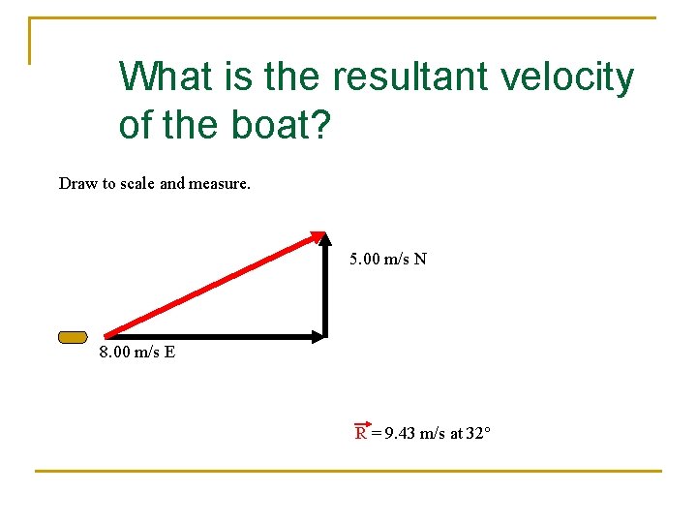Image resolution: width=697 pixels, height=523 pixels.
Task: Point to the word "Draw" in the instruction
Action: [x=77, y=183]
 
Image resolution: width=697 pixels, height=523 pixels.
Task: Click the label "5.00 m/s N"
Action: [x=388, y=259]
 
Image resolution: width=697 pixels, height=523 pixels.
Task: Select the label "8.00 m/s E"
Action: [x=137, y=352]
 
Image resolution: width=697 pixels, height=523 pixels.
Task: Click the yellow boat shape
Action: [x=73, y=337]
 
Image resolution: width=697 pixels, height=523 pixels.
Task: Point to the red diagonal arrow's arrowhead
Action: [x=317, y=235]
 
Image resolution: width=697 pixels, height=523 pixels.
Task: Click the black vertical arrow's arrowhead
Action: [x=324, y=240]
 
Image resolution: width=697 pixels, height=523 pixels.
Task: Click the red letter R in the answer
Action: [x=361, y=434]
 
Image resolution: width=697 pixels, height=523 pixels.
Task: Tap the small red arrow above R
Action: [x=363, y=423]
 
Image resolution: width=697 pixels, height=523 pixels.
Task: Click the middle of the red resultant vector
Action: [x=213, y=285]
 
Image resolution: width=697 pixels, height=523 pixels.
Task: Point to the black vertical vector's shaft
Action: [x=324, y=291]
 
